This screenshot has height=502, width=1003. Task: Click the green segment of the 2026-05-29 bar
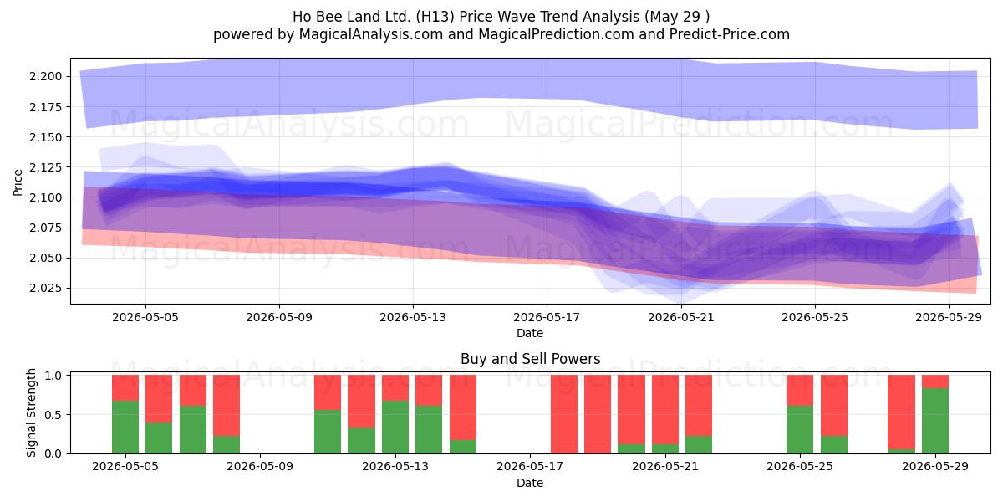tap(935, 421)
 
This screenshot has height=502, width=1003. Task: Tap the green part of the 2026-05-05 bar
tap(125, 428)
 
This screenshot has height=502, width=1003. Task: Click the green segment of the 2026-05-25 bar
tap(800, 430)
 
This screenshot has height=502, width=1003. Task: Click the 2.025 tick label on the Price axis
tap(46, 288)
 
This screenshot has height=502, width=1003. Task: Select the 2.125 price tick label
tap(46, 167)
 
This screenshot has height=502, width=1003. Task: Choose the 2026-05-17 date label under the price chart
tap(547, 317)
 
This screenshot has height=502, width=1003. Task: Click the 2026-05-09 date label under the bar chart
tap(260, 466)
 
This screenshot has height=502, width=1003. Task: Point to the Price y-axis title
tap(18, 182)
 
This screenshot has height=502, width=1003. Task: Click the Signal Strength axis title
tap(31, 412)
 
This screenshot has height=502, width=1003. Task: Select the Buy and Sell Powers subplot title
tap(530, 359)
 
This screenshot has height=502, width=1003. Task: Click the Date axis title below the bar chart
tap(530, 483)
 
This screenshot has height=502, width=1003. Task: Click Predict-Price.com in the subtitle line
tap(730, 34)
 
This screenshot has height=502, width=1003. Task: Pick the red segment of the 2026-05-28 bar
tap(901, 412)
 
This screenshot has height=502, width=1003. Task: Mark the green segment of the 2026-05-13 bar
tap(395, 428)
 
